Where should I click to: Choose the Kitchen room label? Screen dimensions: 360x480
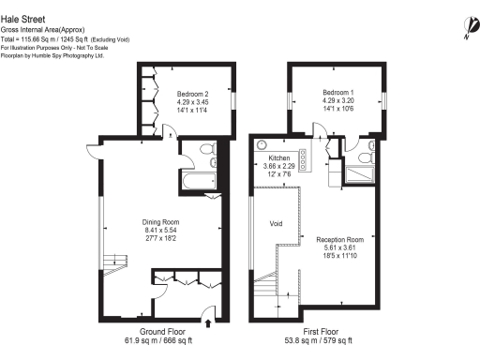[x=279, y=159]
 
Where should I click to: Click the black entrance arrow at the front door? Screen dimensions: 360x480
[x=208, y=323]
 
